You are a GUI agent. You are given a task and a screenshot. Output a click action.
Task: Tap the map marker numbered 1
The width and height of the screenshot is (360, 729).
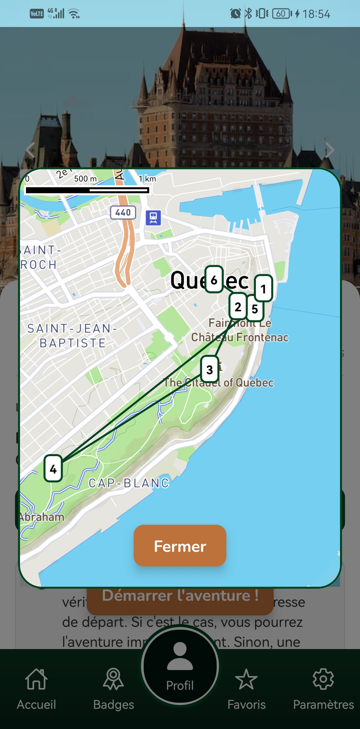(263, 288)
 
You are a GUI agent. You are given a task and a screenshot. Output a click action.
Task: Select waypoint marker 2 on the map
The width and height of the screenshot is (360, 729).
(238, 307)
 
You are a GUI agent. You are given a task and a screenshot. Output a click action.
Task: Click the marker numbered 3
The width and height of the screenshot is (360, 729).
(210, 369)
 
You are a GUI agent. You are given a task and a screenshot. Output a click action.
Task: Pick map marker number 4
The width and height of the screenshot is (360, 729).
(53, 468)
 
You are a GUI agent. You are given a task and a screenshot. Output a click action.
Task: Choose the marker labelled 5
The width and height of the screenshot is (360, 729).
(255, 309)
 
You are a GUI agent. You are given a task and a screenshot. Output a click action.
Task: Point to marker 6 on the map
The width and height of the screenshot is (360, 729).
(214, 280)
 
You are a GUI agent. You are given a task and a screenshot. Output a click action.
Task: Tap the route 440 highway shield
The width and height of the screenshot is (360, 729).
(123, 213)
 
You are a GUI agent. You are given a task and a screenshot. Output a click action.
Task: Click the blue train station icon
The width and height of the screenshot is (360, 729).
(153, 218)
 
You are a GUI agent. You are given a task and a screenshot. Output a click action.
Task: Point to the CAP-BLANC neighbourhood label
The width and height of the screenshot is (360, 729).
(129, 483)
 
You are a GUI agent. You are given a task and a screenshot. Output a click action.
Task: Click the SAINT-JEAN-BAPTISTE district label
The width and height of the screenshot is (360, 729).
(72, 336)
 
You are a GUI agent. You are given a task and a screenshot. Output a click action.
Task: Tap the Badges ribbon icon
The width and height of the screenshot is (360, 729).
(113, 679)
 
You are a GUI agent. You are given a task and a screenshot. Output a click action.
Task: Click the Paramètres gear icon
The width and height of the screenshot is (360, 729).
(323, 679)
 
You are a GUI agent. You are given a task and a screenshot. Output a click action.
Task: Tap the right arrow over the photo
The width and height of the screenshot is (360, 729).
(329, 150)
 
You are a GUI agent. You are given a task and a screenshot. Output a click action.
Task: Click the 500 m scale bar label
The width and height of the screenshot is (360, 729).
(85, 179)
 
